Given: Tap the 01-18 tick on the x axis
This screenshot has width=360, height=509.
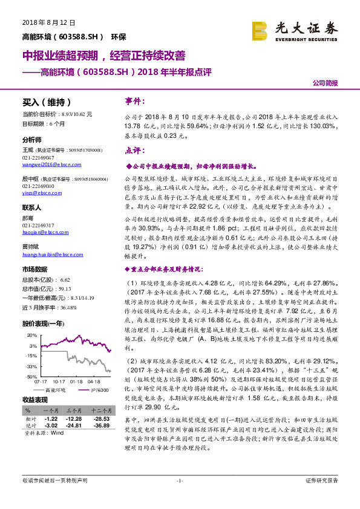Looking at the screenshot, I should tap(76, 381).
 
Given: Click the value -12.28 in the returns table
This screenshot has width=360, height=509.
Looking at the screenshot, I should tap(74, 420).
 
